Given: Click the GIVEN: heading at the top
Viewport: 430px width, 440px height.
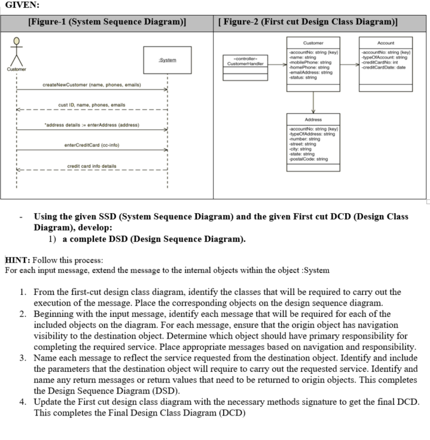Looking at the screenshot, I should (22, 6).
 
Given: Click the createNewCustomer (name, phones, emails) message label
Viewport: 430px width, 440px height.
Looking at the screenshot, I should (92, 85).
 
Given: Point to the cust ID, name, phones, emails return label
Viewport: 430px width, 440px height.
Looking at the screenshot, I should (92, 105).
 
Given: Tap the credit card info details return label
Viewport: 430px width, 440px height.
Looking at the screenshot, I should (92, 165).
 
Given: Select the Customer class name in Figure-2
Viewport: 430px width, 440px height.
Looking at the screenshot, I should (313, 43).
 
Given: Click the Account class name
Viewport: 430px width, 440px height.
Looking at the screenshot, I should (386, 43).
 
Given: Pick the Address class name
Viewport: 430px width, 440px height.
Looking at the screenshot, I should (313, 119).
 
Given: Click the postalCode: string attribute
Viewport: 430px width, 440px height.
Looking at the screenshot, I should (309, 159).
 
